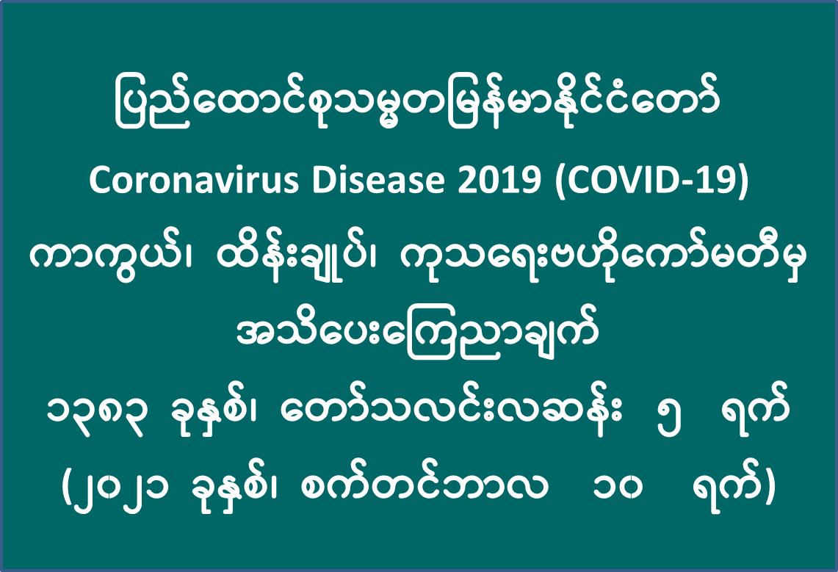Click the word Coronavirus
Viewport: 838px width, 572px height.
(193, 181)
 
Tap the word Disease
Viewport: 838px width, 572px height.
(378, 181)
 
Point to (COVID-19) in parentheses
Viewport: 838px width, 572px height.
(651, 181)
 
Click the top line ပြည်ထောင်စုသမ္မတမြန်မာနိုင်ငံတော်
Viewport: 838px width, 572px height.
(417, 105)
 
